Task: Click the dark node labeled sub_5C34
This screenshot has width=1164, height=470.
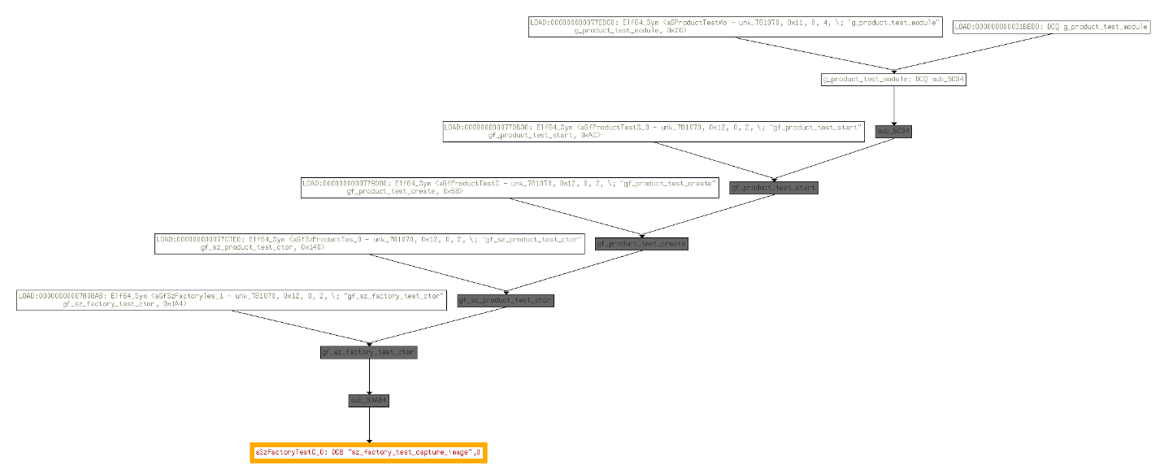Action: click(x=893, y=131)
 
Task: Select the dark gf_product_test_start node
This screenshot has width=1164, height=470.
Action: click(x=773, y=188)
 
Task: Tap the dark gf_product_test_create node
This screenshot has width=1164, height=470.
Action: click(x=641, y=244)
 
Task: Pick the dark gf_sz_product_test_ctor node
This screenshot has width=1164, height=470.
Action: click(x=506, y=301)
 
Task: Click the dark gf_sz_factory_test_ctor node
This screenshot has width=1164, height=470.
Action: click(x=369, y=352)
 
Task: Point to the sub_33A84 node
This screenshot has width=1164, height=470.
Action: click(x=369, y=401)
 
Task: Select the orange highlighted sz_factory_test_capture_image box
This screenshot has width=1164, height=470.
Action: click(x=369, y=451)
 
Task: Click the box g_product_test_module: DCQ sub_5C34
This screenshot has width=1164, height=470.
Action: click(x=893, y=80)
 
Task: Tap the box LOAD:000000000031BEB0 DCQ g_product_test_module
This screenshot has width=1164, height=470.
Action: click(x=1050, y=27)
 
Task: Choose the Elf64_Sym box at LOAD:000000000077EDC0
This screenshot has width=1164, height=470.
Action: click(x=735, y=26)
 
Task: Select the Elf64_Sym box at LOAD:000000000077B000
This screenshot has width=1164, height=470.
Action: click(x=510, y=188)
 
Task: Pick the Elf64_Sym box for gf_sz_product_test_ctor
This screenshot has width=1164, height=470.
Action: click(x=370, y=244)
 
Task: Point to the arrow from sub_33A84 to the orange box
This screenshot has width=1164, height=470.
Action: click(x=369, y=424)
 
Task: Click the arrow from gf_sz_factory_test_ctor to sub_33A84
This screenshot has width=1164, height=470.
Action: click(x=369, y=376)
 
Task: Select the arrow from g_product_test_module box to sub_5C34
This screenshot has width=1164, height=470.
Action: click(x=893, y=104)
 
